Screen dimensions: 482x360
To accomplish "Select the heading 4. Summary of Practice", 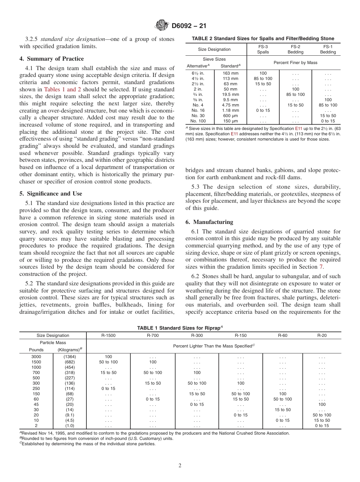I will coord(52,59).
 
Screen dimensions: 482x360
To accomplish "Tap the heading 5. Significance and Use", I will coord(51,194).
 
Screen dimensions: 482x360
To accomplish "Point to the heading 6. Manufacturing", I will coord(209,222).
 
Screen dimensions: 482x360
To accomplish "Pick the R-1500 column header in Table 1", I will coord(108,335).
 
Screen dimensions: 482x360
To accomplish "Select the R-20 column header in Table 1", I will coord(322,335).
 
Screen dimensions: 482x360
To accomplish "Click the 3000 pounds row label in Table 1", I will coord(36,357).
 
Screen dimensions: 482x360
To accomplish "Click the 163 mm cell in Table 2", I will coord(230,73).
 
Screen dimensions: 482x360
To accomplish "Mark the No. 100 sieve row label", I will coord(199,121).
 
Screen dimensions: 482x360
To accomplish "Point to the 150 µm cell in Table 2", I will coord(230,121).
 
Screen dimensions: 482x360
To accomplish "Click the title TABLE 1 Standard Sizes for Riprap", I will coord(180,328).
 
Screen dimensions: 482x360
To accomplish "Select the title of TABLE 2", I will coord(263,38).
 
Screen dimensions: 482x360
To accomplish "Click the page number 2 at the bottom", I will coord(180,465).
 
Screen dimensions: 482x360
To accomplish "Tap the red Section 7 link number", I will coord(321,266).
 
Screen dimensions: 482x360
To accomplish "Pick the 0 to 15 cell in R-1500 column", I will coord(108,388).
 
